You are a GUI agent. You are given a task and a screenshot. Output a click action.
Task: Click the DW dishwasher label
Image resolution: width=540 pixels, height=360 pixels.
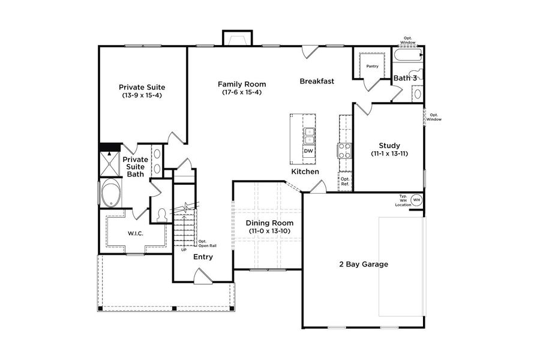point(308,151)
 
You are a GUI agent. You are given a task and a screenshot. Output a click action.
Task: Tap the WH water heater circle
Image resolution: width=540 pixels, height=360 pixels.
point(416,200)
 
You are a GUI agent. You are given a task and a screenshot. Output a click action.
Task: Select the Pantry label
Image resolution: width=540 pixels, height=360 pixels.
point(372,66)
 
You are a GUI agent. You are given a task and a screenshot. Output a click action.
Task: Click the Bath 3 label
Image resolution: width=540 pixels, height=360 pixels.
point(405,79)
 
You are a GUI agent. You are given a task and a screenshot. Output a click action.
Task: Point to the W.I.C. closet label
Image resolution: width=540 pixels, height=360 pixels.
point(135,233)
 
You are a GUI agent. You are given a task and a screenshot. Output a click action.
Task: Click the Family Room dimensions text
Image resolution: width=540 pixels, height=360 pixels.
point(242,92)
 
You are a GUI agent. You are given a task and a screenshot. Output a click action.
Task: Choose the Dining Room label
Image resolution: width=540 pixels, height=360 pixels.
point(266,223)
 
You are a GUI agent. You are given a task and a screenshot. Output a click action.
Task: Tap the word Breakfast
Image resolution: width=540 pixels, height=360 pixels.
point(317,81)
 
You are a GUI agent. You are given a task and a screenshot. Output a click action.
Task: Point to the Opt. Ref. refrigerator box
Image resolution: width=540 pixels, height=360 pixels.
point(345,181)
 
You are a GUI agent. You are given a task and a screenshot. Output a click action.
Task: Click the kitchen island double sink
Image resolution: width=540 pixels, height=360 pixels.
point(309,136)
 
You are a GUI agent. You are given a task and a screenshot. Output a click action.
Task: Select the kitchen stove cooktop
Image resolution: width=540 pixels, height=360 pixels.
point(345,150)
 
